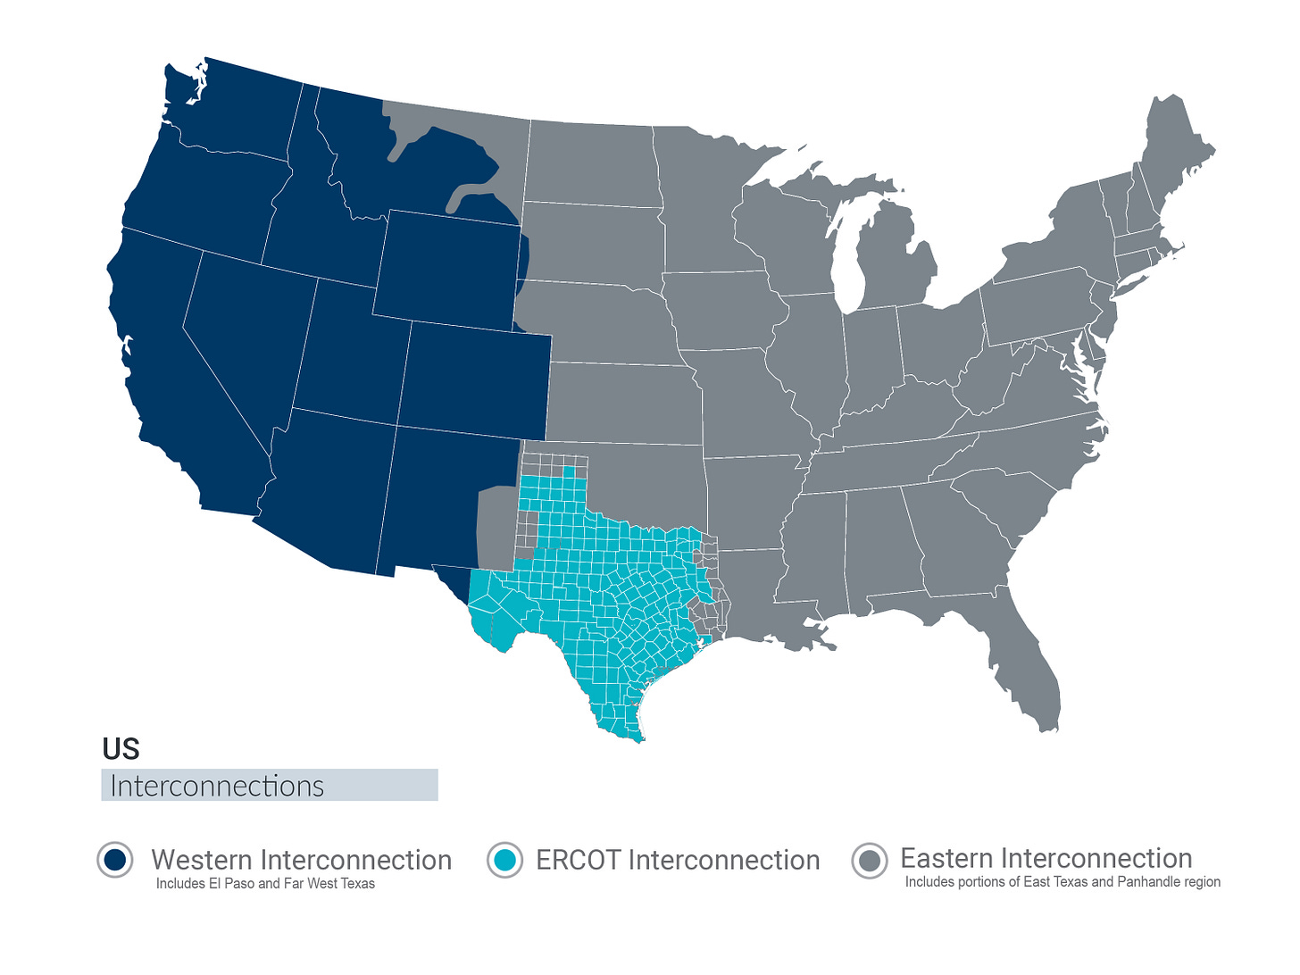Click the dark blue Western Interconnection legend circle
[x=115, y=860]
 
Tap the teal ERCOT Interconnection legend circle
[x=504, y=860]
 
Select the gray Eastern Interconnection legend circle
[x=870, y=861]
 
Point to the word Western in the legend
[x=202, y=860]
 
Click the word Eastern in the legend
[x=946, y=858]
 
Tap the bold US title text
[x=121, y=748]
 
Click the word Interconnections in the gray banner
[x=217, y=786]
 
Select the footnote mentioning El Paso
[x=265, y=884]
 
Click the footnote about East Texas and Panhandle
[x=1062, y=882]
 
